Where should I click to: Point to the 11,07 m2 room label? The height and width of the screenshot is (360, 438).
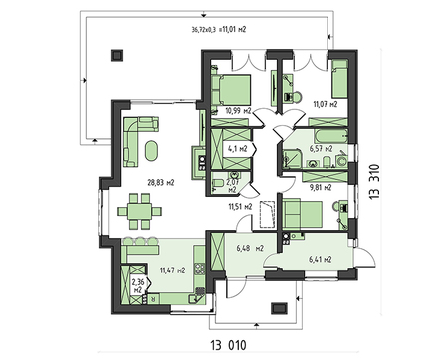click(x=326, y=103)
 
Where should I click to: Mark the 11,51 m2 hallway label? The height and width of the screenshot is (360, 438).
click(x=240, y=206)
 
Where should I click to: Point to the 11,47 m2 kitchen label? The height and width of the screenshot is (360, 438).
click(x=161, y=270)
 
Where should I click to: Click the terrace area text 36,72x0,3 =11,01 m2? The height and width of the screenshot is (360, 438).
click(x=220, y=30)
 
